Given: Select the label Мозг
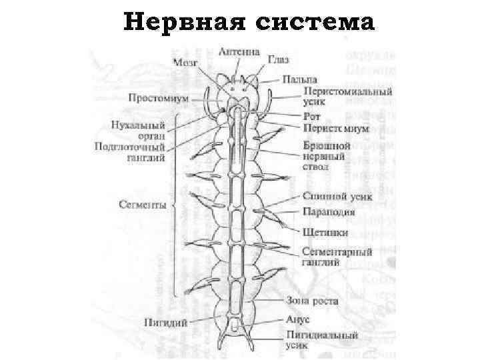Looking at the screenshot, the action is point(186,63).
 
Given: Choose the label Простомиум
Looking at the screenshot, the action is point(158,98).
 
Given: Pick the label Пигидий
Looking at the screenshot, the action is point(164,322).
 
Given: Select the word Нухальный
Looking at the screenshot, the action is point(137,125).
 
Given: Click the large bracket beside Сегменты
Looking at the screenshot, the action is point(175,205).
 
